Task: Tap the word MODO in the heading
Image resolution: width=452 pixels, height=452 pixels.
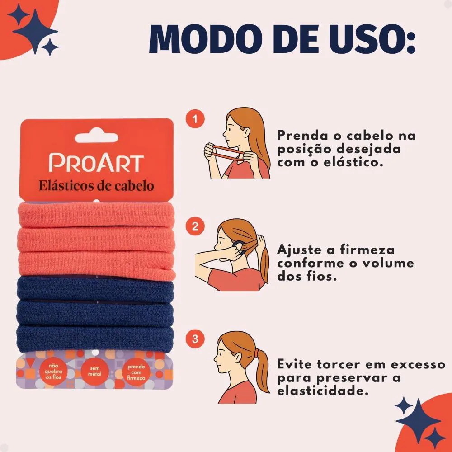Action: point(206,39)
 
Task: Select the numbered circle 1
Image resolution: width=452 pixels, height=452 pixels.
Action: point(195,119)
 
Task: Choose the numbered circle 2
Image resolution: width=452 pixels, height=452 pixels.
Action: point(195,226)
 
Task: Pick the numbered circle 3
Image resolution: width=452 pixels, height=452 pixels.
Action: point(195,339)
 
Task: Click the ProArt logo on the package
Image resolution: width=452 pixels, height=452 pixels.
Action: point(96,163)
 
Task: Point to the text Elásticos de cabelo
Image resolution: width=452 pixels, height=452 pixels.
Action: point(96,186)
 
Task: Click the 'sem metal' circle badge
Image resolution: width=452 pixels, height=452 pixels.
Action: point(95,371)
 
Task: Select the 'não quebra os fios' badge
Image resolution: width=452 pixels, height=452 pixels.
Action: point(53,371)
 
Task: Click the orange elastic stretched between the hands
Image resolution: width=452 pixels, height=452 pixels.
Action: point(227,152)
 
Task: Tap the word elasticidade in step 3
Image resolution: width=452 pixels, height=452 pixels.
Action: point(323,391)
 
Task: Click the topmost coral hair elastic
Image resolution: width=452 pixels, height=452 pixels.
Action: point(96,215)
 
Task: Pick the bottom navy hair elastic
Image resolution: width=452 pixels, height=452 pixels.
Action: point(95,339)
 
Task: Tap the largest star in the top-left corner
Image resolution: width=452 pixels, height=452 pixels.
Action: point(35,31)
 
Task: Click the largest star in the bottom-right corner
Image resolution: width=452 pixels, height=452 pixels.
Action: point(418,421)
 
